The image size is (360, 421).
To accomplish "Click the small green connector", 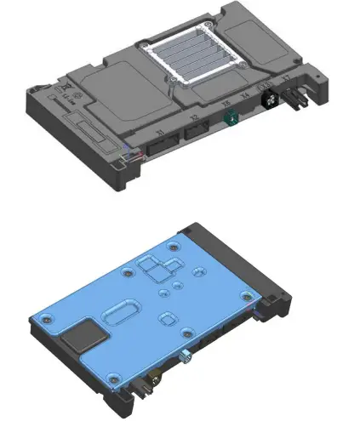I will [228, 122].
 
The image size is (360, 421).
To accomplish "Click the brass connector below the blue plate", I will [153, 374].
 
